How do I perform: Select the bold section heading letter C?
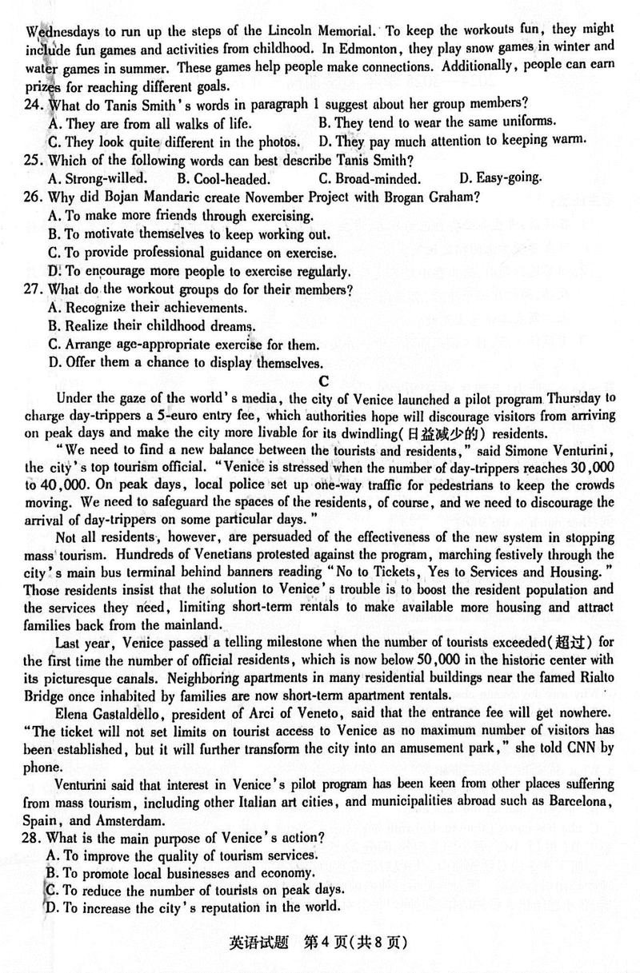coord(323,381)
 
